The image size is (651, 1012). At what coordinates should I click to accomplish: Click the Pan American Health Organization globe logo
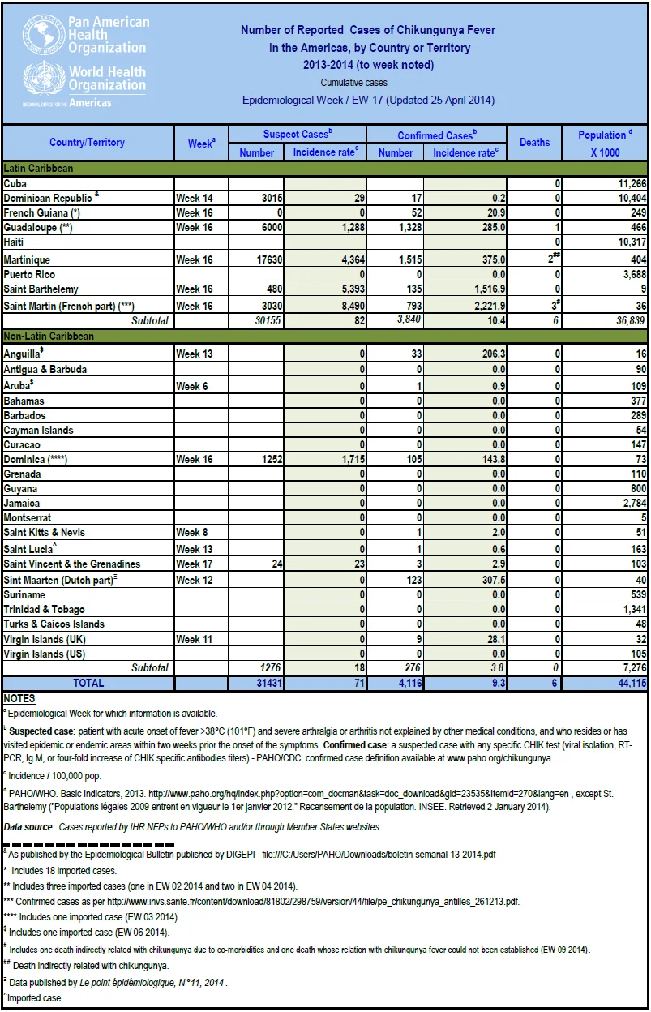tap(42, 34)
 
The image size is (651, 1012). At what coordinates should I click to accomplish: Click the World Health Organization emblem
tap(43, 77)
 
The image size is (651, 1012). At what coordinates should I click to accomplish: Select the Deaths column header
tap(534, 143)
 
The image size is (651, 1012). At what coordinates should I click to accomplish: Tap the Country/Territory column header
tap(88, 143)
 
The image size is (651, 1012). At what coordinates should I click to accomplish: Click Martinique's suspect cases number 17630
tap(269, 259)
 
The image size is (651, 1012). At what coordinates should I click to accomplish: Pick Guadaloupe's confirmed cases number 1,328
tap(409, 227)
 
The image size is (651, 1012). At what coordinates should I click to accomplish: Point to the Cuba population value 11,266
tap(632, 183)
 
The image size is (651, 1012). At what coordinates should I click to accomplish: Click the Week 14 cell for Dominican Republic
tap(195, 198)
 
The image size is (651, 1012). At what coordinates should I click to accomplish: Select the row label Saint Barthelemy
tap(41, 289)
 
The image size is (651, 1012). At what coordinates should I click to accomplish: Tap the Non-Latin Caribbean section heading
tap(49, 337)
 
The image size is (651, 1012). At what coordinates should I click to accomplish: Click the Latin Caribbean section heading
tap(38, 168)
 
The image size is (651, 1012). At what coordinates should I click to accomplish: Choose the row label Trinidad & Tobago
tap(44, 610)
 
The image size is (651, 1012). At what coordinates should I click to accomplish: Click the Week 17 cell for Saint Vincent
tap(195, 564)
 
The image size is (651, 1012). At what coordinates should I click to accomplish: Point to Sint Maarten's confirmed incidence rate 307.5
tap(494, 580)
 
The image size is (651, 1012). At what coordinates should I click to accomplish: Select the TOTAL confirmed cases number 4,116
tap(410, 683)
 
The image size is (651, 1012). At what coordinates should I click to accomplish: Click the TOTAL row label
tap(88, 683)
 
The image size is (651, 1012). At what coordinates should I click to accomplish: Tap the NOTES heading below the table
tap(19, 698)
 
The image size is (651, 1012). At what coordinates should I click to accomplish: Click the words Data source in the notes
tap(28, 827)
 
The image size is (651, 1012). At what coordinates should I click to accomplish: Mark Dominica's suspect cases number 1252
tap(272, 460)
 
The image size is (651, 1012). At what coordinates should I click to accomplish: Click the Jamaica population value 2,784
tap(634, 504)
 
